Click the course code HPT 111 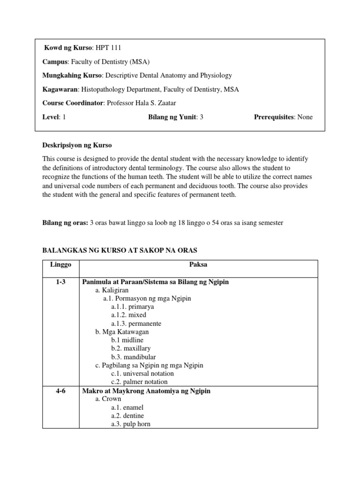pos(111,48)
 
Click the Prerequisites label pos(274,117)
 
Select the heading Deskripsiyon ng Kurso pos(77,145)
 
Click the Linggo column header pos(60,265)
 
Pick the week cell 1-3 pos(60,282)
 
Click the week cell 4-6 pos(60,391)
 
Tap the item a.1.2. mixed pos(128,315)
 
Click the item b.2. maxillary pos(131,348)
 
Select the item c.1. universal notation pos(142,374)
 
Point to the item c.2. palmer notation pos(139,382)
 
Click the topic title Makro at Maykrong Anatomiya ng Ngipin pos(146,391)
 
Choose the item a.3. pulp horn pos(131,424)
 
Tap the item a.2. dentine pos(127,416)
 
